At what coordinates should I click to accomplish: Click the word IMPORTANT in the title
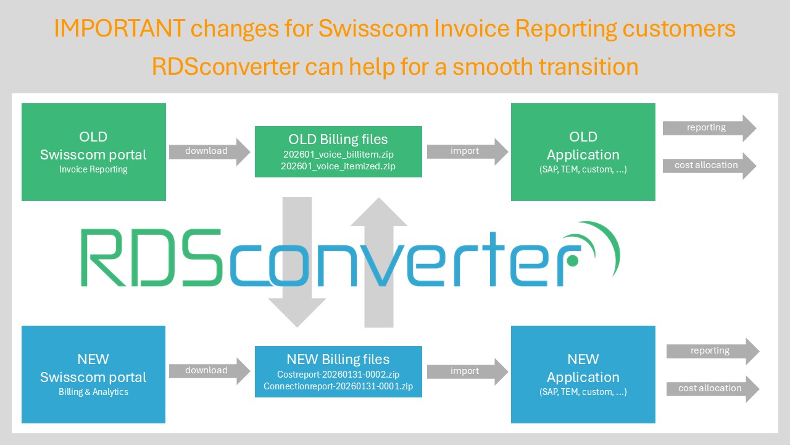[x=120, y=28]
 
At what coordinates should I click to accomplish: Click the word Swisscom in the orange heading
[x=373, y=28]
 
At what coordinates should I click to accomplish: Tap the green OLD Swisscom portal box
[x=94, y=152]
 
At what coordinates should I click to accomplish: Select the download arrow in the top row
[x=209, y=152]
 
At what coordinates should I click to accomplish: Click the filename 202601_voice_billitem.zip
[x=338, y=155]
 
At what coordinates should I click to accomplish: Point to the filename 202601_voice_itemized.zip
[x=338, y=166]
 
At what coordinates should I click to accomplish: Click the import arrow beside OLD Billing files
[x=468, y=152]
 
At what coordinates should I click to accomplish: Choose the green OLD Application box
[x=583, y=152]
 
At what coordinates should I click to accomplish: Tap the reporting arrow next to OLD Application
[x=710, y=128]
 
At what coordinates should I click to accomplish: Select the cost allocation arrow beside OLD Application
[x=710, y=166]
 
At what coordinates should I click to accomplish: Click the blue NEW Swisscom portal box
[x=93, y=375]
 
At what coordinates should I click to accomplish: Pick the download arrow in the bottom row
[x=209, y=371]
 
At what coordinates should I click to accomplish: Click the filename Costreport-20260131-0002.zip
[x=338, y=375]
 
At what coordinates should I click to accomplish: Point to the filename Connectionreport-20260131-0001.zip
[x=338, y=386]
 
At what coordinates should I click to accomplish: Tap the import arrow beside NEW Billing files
[x=468, y=371]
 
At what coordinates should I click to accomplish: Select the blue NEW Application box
[x=583, y=375]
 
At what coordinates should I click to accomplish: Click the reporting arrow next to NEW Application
[x=713, y=352]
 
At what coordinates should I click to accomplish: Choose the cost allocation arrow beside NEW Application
[x=713, y=389]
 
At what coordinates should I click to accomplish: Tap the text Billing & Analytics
[x=93, y=392]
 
